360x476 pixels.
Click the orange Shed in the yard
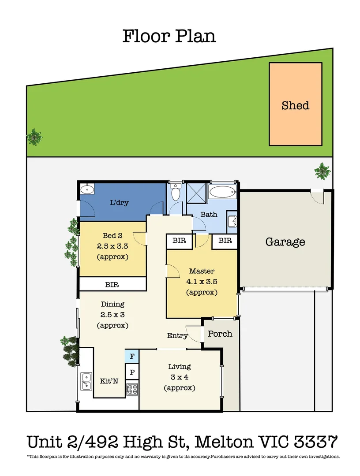coord(295,104)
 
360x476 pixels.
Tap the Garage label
coord(285,242)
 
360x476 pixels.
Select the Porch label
coord(220,333)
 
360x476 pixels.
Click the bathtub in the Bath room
coord(222,192)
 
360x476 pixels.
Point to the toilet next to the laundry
coord(175,192)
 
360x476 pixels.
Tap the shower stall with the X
coord(196,193)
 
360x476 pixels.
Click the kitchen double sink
coord(86,381)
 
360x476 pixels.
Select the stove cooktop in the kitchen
coord(132,389)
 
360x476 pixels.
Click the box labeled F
coord(132,355)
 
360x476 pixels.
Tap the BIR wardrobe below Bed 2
coord(112,284)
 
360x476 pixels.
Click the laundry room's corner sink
coord(87,190)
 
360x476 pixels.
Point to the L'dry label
coord(119,203)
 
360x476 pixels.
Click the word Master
coord(202,271)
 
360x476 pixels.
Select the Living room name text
coord(180,367)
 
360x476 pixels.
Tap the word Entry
coord(177,336)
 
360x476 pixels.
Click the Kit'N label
coord(109,381)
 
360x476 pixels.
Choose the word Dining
coord(112,304)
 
